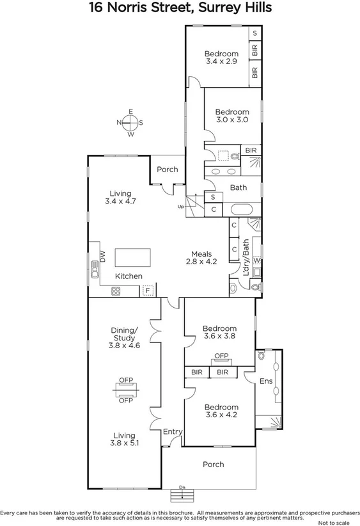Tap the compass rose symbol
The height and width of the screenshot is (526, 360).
(x=130, y=123)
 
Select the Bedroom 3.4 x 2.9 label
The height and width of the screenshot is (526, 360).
(x=221, y=58)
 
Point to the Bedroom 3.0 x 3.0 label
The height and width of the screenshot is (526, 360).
(x=231, y=116)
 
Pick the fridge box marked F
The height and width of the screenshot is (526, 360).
(x=148, y=291)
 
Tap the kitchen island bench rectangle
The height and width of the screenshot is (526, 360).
(x=133, y=257)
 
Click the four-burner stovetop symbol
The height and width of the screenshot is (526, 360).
(x=117, y=291)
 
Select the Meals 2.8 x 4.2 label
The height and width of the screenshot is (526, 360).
(x=202, y=257)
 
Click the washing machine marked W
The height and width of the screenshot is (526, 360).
(x=256, y=260)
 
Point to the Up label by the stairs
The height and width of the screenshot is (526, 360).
(x=181, y=206)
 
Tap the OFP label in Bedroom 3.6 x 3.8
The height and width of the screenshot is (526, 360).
(x=221, y=356)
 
